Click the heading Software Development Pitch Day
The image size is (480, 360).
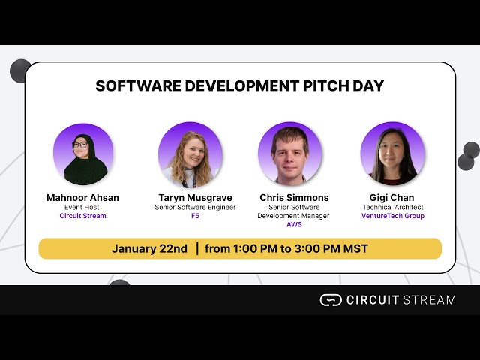point(239,85)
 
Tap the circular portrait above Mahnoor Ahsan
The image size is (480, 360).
point(82,154)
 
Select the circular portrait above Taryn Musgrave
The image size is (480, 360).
point(190,154)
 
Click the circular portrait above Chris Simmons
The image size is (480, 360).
point(290,154)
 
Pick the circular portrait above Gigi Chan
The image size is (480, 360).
point(392,154)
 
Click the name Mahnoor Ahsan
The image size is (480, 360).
point(82,198)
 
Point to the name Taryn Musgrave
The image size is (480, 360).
point(195,198)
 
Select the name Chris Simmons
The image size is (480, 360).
point(294,198)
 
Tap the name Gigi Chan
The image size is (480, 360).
point(392,198)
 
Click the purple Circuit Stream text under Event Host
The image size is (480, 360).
point(82,216)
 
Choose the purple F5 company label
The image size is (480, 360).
point(195,216)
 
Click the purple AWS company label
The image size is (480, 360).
point(294,224)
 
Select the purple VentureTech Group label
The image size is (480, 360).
point(392,216)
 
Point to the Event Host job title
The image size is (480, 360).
point(82,207)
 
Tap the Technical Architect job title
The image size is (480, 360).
point(392,207)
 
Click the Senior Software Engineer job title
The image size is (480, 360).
point(195,207)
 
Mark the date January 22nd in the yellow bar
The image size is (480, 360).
point(150,248)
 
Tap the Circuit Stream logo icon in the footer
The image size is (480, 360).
point(330,300)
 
